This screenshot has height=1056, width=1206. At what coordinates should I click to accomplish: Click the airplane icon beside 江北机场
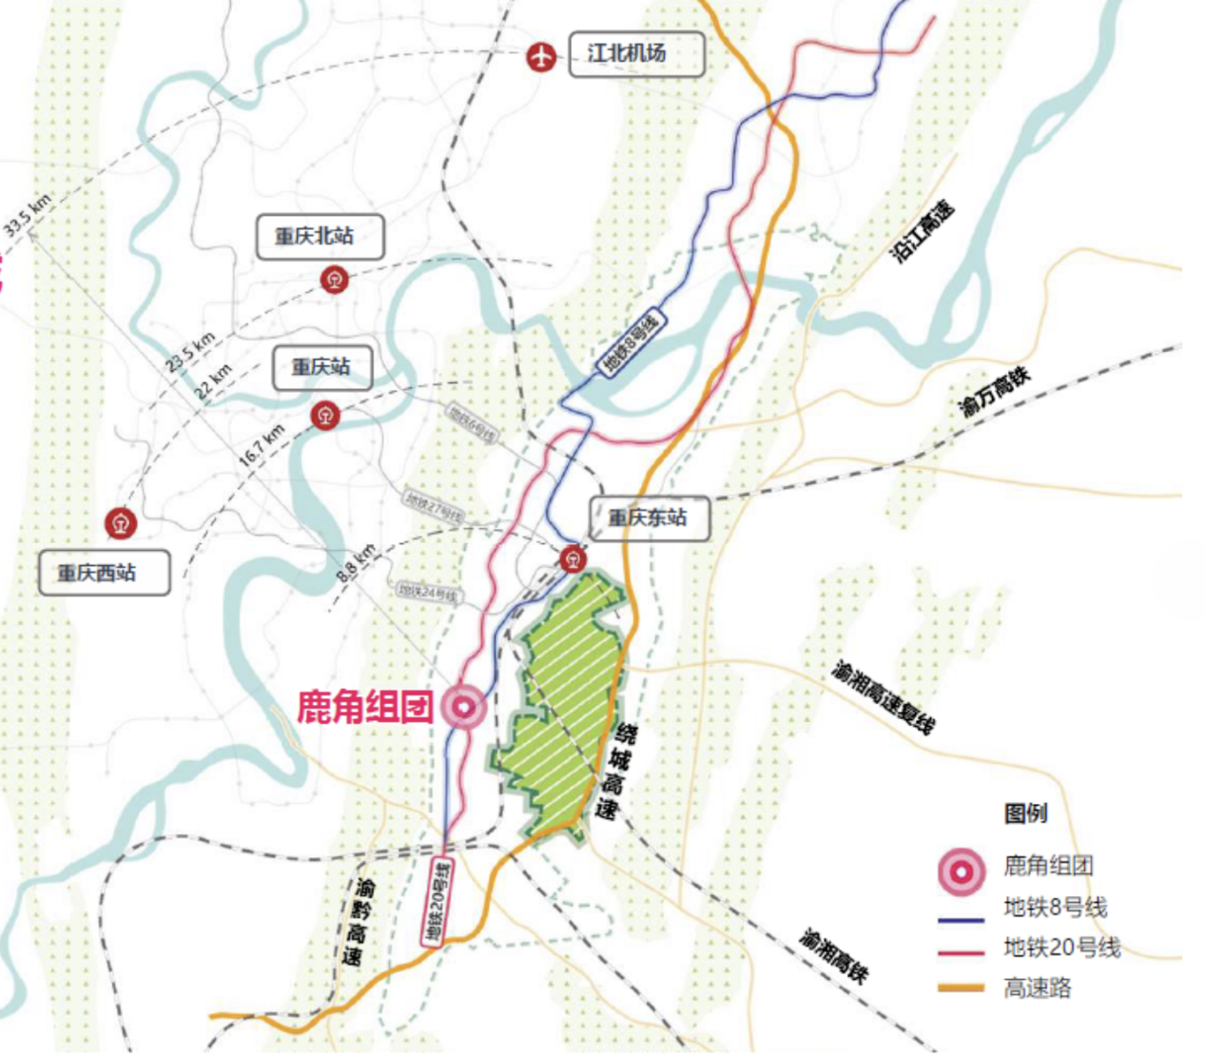click(x=541, y=57)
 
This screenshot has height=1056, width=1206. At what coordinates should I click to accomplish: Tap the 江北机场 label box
click(x=636, y=54)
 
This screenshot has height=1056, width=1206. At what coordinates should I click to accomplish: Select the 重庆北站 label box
click(x=320, y=237)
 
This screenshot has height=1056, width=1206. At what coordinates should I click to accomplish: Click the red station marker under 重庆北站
click(x=334, y=280)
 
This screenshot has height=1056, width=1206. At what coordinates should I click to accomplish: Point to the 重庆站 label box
click(x=321, y=367)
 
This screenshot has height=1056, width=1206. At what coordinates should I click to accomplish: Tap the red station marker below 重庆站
click(x=326, y=415)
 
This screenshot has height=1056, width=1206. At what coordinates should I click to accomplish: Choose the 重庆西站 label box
click(x=104, y=573)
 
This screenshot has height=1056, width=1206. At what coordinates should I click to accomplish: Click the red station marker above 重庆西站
click(x=121, y=522)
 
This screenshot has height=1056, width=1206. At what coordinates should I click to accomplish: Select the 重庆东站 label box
click(x=650, y=518)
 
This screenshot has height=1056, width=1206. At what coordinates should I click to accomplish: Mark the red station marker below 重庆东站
click(x=573, y=558)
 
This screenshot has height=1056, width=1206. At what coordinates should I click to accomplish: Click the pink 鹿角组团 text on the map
click(x=364, y=707)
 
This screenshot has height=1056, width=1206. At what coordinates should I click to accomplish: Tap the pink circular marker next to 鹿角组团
click(x=463, y=707)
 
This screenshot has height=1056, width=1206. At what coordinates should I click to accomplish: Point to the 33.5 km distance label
click(x=27, y=215)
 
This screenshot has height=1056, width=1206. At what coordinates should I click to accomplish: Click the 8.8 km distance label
click(x=357, y=563)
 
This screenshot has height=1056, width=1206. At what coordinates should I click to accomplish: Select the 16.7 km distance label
click(x=262, y=444)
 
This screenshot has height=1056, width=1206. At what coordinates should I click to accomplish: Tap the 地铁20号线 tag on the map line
click(x=438, y=902)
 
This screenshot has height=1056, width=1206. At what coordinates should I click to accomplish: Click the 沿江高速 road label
click(x=922, y=232)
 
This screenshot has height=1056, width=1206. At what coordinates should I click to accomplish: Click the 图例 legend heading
click(x=1025, y=813)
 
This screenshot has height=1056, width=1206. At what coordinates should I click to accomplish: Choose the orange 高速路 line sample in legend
click(x=961, y=988)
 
